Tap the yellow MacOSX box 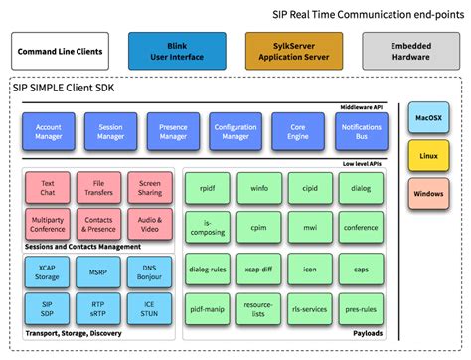pyautogui.click(x=428, y=119)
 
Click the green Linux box pyautogui.click(x=428, y=156)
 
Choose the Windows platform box pyautogui.click(x=428, y=193)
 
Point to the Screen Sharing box pyautogui.click(x=150, y=189)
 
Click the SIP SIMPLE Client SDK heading pyautogui.click(x=68, y=89)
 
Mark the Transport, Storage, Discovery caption pyautogui.click(x=69, y=335)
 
